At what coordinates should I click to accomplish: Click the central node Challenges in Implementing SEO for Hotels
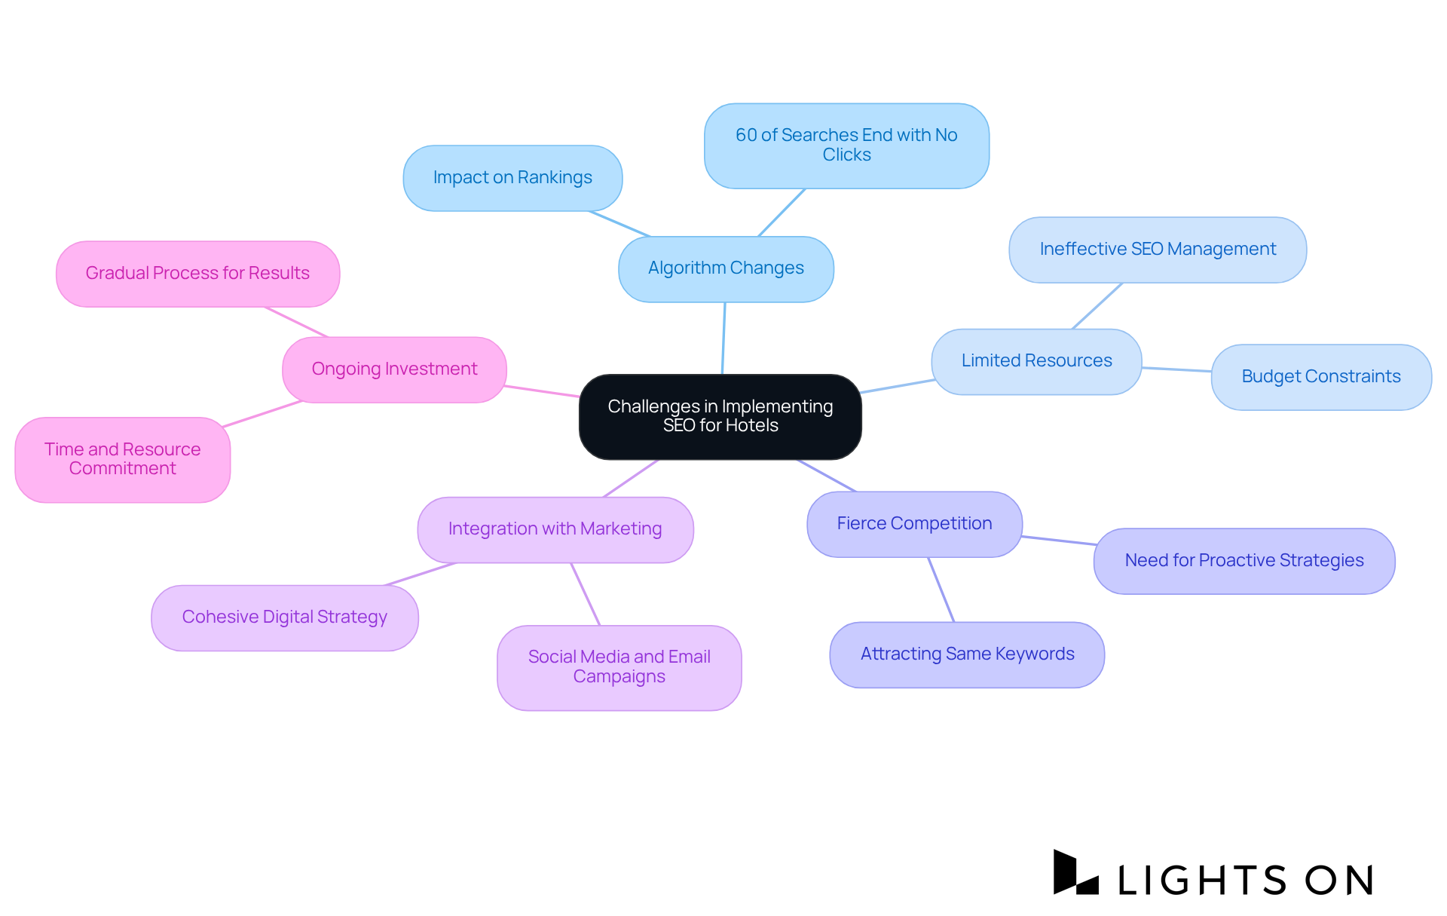click(720, 416)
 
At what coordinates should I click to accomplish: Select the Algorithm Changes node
click(726, 268)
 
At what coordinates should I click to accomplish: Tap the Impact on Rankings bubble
click(512, 178)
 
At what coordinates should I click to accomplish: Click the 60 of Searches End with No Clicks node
click(846, 146)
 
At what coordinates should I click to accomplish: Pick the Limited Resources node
click(1036, 361)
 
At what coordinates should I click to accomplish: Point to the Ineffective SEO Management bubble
click(1158, 250)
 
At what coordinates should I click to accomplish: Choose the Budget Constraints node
click(1320, 377)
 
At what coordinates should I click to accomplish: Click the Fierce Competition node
click(914, 524)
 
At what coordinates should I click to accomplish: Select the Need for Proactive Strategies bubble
click(1244, 561)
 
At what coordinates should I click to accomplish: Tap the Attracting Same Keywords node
click(967, 654)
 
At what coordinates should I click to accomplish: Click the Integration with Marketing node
click(555, 529)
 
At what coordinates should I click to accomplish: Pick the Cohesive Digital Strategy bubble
click(284, 617)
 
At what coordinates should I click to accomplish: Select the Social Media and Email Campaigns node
click(619, 667)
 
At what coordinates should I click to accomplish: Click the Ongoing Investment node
click(394, 369)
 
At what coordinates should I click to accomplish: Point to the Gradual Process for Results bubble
click(197, 274)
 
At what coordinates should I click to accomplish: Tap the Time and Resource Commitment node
click(122, 459)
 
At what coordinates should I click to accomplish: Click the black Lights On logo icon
click(1075, 874)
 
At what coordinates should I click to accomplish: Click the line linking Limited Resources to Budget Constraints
click(1176, 369)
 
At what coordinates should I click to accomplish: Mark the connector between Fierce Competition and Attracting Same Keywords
click(941, 590)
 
